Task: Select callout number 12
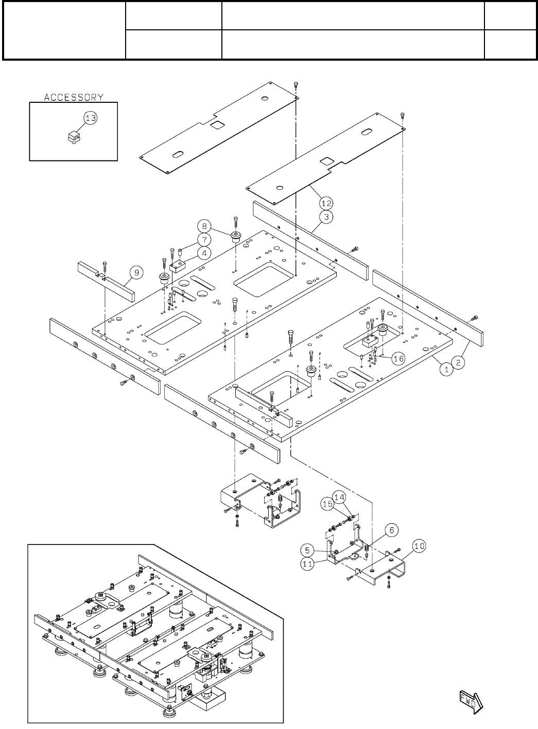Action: pos(326,203)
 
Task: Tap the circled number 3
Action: pos(326,216)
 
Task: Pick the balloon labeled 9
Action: pos(135,273)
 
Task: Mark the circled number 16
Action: pos(398,359)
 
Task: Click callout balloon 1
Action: pos(446,369)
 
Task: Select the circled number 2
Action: pos(459,362)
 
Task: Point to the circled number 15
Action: pos(327,504)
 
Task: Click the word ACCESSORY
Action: pos(74,97)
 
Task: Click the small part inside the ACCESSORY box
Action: pos(75,137)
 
